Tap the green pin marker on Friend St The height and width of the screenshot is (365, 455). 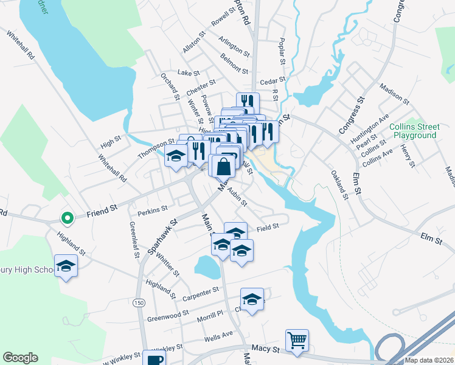click(x=67, y=217)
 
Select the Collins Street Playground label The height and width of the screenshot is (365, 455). click(x=414, y=131)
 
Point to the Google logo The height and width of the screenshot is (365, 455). click(x=20, y=358)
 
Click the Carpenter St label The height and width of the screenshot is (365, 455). click(x=200, y=294)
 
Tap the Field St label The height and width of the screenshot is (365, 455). click(x=267, y=226)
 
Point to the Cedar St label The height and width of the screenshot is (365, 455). click(x=272, y=80)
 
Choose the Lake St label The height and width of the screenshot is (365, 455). click(x=188, y=72)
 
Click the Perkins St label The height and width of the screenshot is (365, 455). click(x=153, y=210)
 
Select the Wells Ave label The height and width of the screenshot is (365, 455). click(x=219, y=334)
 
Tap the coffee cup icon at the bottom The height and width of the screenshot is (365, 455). click(x=154, y=359)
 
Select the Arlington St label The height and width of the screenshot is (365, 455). click(x=235, y=50)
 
